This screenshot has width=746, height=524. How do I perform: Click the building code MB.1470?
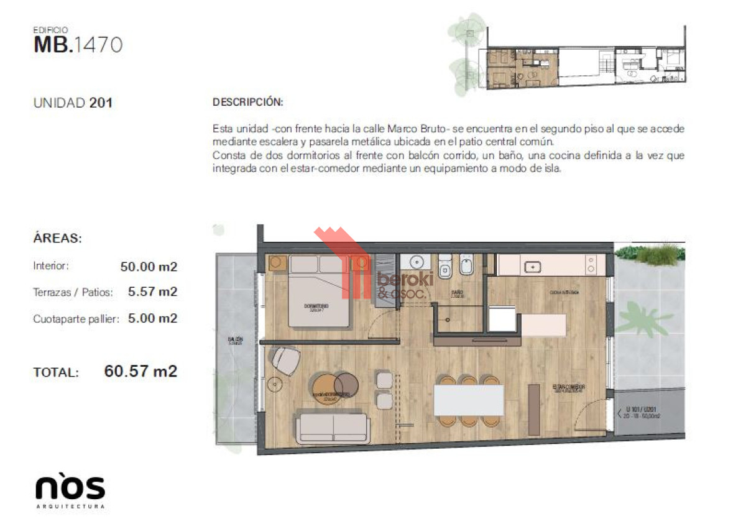(x=78, y=45)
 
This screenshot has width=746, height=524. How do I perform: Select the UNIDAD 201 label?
(x=73, y=103)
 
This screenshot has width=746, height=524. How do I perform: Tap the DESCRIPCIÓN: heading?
(x=247, y=102)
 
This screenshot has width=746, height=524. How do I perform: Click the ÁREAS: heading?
(x=57, y=238)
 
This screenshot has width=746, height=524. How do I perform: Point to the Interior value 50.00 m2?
(x=149, y=267)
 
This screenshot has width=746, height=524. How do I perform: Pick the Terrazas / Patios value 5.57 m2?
(x=152, y=292)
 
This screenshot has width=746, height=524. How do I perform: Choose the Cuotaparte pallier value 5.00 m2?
(x=152, y=318)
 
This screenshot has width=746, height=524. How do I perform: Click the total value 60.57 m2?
(x=140, y=372)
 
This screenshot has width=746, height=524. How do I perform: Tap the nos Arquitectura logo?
(x=70, y=490)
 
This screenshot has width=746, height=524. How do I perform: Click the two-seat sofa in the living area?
(x=333, y=428)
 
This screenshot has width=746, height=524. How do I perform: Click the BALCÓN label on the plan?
(x=235, y=341)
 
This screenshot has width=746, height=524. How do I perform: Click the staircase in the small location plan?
(x=604, y=62)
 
